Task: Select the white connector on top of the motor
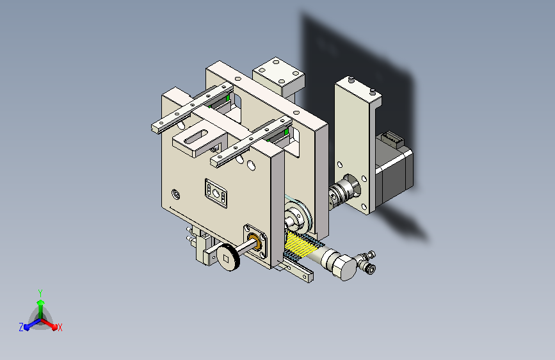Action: click(390, 138)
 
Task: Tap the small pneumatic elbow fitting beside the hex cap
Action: click(368, 263)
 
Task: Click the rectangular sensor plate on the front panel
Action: click(217, 192)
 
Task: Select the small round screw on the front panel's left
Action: click(176, 193)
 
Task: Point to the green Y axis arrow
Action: click(40, 297)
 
